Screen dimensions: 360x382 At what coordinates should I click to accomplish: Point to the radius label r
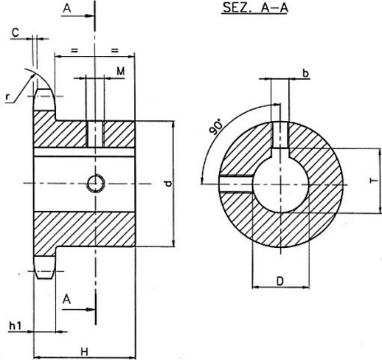click(7, 96)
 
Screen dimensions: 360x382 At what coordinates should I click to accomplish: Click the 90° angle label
click(217, 128)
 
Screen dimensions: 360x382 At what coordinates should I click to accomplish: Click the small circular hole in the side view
click(94, 182)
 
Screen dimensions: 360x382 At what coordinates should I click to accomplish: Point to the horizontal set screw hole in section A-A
click(237, 181)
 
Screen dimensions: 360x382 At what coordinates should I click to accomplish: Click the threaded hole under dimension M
click(94, 134)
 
